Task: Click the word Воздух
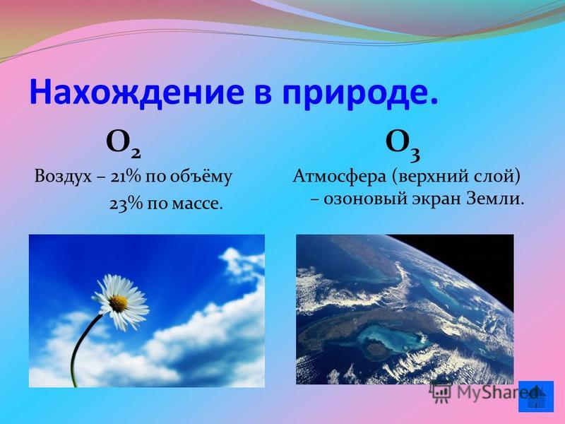(63, 178)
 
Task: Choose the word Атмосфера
(340, 178)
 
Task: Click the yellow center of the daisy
(118, 304)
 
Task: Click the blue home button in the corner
(536, 396)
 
